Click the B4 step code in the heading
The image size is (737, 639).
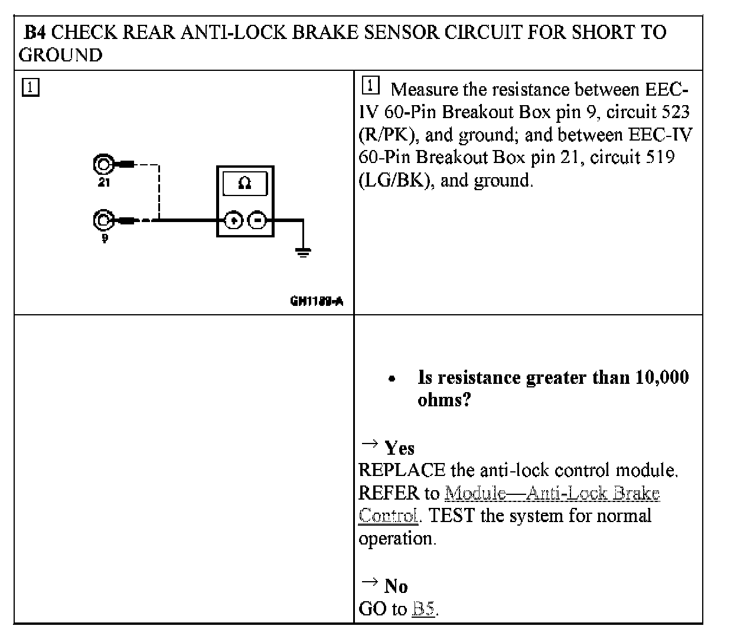(x=34, y=32)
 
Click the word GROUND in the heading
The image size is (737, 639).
(x=60, y=55)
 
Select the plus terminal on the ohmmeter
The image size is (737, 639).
(x=234, y=221)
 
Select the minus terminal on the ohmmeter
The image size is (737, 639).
(x=257, y=221)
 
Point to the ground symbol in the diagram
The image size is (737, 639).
(x=303, y=253)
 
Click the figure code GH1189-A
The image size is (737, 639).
(x=317, y=301)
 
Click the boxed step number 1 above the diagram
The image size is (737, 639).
(x=30, y=87)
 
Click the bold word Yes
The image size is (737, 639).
(x=400, y=448)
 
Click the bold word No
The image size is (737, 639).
(x=396, y=586)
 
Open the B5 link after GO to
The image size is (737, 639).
(x=423, y=609)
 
